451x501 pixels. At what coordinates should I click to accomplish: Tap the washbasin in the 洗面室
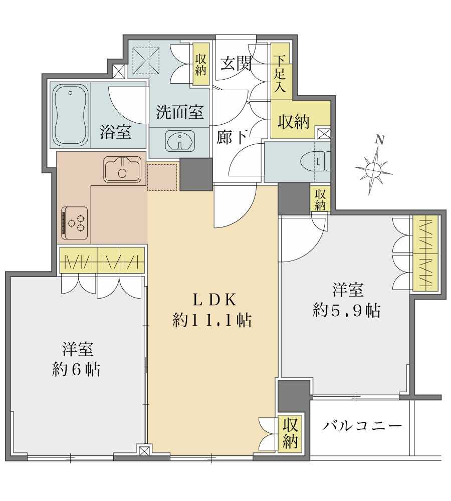[180, 141]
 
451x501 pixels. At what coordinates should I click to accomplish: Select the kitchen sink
[122, 169]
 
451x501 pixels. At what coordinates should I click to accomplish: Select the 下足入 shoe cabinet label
[280, 74]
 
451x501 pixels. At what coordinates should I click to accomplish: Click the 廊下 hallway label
[232, 137]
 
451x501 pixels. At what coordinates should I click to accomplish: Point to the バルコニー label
[361, 425]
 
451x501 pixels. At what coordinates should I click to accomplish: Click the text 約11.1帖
[212, 320]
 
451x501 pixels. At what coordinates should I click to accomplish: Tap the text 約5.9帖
[347, 310]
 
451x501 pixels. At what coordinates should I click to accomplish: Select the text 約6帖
[76, 369]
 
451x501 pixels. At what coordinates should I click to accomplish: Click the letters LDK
[214, 300]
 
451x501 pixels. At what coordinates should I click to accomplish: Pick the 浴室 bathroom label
[116, 132]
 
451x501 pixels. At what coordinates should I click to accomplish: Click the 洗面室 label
[180, 112]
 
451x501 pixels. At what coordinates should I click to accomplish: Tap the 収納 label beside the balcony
[290, 433]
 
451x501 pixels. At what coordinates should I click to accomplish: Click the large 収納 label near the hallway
[294, 122]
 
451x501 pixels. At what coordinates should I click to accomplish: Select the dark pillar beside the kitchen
[196, 174]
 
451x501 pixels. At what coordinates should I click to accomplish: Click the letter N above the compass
[380, 140]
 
